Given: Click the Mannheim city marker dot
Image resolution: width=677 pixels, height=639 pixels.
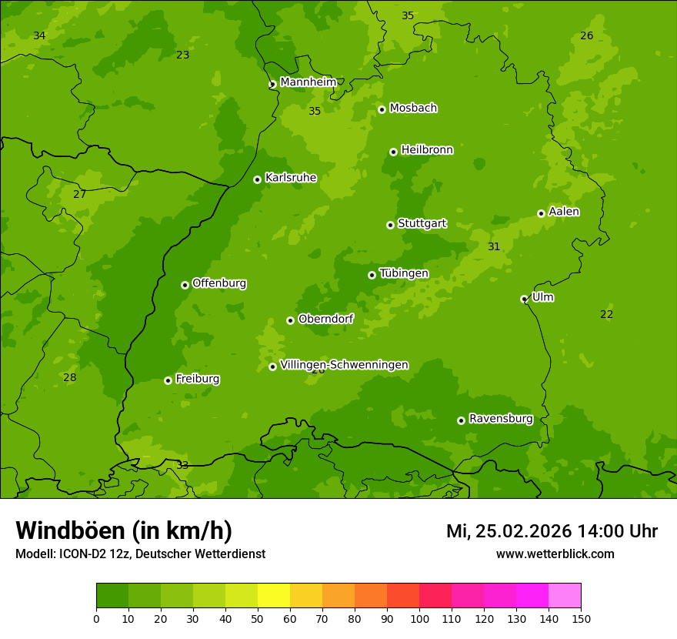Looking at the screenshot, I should (272, 85).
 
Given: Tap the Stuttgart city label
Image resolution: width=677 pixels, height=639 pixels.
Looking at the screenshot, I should (422, 224).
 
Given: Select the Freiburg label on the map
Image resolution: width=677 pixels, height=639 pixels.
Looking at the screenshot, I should (197, 379).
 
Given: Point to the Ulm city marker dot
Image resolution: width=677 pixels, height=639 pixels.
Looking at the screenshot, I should (524, 299).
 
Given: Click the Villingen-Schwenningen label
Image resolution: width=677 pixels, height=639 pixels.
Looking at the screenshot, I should (344, 365).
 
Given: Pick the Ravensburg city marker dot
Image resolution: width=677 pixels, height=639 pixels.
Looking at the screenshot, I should (461, 420).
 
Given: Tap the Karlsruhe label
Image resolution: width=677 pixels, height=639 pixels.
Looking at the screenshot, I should (290, 178).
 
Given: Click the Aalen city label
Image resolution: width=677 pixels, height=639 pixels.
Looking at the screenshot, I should (564, 212).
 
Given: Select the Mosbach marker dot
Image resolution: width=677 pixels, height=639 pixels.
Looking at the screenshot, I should (382, 109).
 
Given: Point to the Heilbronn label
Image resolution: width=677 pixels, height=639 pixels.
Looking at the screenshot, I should (427, 150).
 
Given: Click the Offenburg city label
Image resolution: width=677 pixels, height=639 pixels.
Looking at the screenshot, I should (218, 283).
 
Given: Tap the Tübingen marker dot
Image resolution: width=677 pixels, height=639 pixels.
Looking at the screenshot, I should (372, 275).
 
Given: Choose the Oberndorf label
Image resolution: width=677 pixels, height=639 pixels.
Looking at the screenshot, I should (325, 319).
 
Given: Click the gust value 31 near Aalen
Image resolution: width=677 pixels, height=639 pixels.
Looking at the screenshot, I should (494, 247).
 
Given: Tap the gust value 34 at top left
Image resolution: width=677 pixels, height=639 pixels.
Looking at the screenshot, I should (39, 36).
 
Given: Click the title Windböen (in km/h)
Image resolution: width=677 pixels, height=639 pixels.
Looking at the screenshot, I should (124, 530).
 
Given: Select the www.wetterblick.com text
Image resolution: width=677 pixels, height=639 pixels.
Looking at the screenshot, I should (555, 554).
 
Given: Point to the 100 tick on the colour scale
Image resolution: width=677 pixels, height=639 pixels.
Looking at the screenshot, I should (419, 618).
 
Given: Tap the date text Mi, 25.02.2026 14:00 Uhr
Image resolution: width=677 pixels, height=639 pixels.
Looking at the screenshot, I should (552, 531).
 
